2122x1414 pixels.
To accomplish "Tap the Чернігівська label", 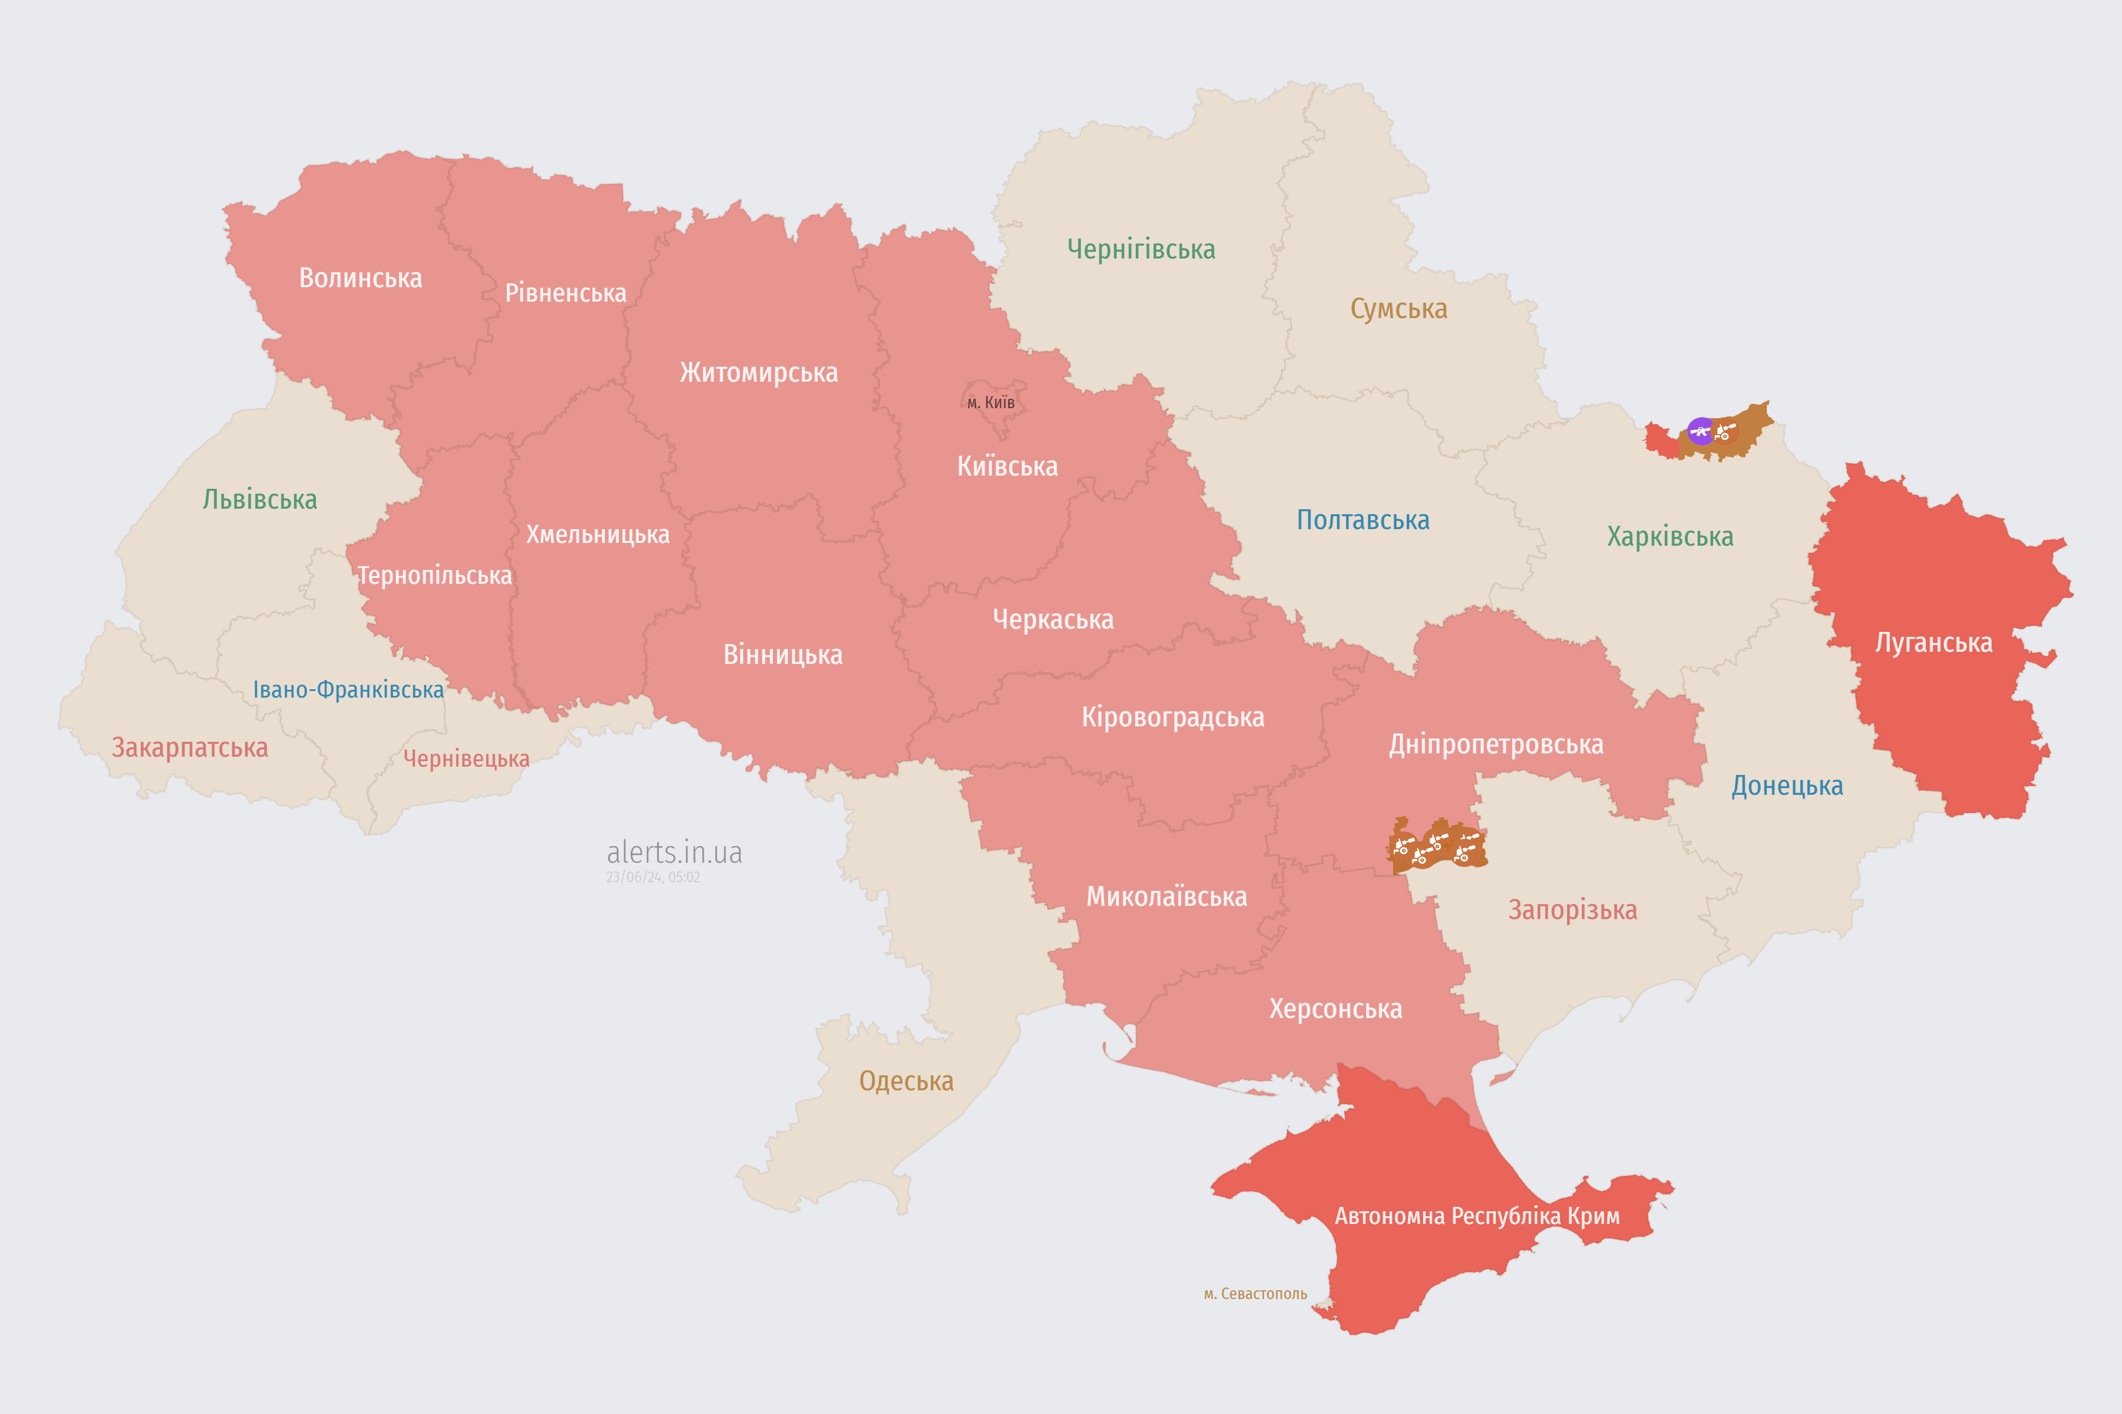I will click(x=1141, y=249).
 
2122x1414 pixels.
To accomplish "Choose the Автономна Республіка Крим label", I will click(x=1477, y=1216).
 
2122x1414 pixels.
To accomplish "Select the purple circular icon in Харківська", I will click(x=1701, y=431).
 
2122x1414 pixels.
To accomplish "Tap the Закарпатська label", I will click(x=190, y=747).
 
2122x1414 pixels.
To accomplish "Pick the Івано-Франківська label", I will click(x=348, y=690).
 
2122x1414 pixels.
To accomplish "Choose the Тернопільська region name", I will click(x=435, y=576).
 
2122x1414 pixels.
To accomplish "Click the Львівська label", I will click(x=260, y=499).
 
